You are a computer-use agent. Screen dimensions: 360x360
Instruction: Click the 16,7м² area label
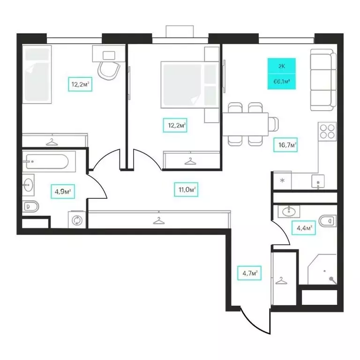click(x=285, y=145)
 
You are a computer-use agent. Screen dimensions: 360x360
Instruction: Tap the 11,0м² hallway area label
click(x=186, y=189)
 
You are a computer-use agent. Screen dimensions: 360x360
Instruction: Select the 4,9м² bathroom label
click(x=63, y=191)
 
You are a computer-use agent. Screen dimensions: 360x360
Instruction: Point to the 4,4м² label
click(x=304, y=228)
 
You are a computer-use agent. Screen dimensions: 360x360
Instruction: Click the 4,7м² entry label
click(x=249, y=273)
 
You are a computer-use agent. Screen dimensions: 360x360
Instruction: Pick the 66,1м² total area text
click(x=281, y=81)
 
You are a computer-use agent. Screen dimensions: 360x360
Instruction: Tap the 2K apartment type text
click(x=281, y=66)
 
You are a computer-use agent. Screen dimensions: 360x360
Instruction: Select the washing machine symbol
click(x=77, y=220)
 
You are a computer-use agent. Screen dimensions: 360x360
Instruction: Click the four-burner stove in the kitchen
click(x=327, y=131)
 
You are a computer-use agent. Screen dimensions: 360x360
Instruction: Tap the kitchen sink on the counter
click(x=318, y=181)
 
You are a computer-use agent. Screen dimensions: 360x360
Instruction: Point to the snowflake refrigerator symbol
click(x=282, y=180)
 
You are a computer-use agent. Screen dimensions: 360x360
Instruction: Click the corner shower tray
click(x=322, y=269)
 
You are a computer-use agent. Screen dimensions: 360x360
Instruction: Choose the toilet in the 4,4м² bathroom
click(x=328, y=221)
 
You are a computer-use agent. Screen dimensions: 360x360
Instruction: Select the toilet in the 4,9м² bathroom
click(x=30, y=206)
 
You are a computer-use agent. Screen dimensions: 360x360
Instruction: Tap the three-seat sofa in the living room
click(x=323, y=80)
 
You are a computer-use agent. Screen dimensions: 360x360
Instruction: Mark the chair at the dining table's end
click(x=273, y=124)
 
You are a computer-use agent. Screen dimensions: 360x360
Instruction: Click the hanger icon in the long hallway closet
click(x=158, y=221)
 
